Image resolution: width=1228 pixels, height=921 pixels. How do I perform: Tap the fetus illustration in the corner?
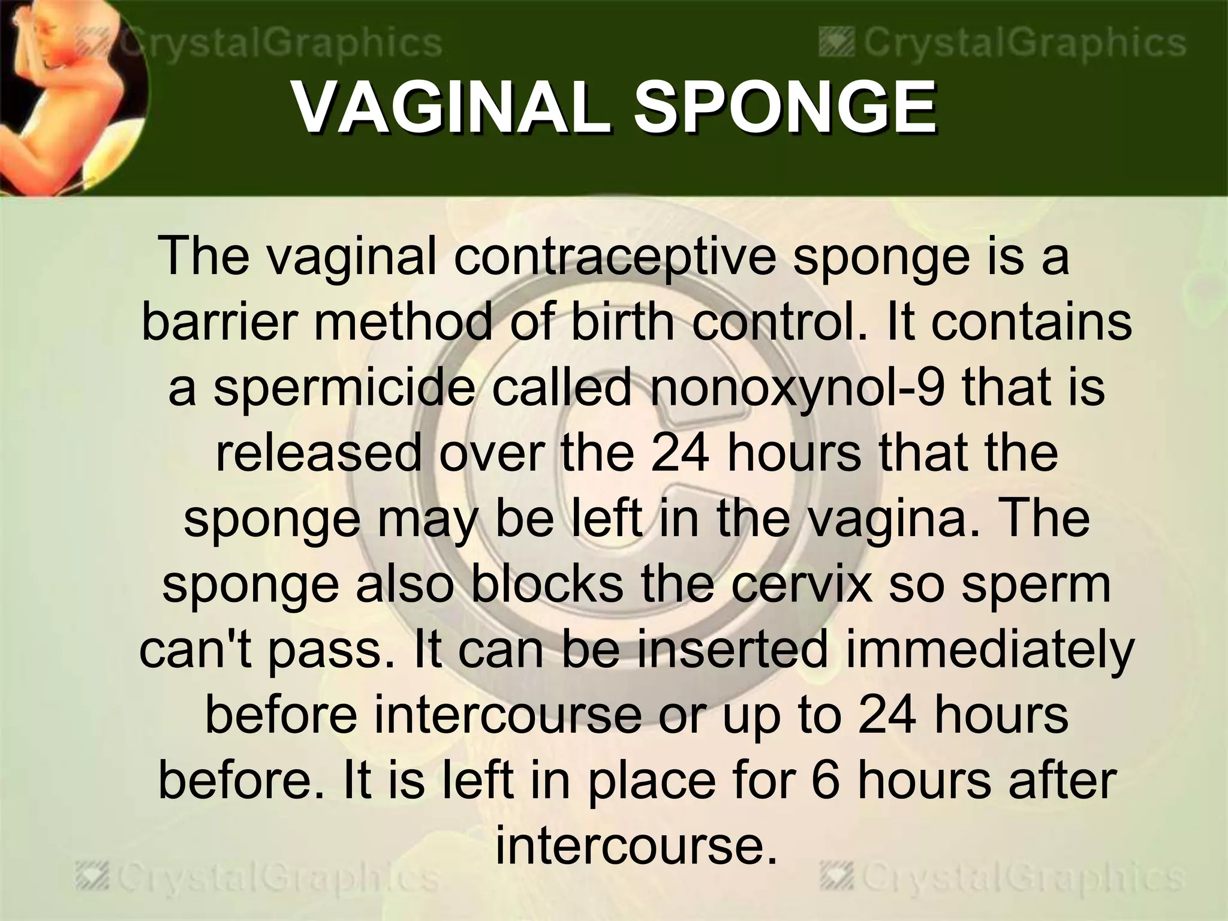point(66,96)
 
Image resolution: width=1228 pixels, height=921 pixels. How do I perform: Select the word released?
point(318,453)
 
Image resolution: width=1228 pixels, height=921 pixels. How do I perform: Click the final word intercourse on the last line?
point(636,846)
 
